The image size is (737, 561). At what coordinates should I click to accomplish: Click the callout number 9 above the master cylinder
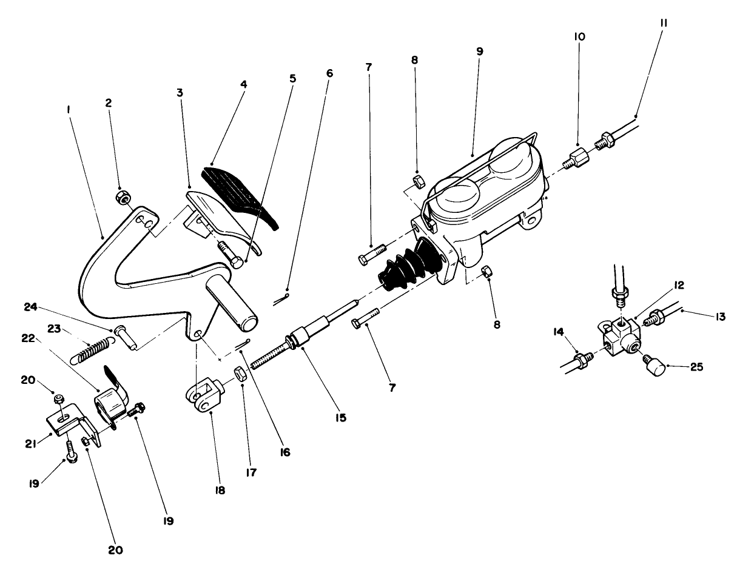[x=479, y=52]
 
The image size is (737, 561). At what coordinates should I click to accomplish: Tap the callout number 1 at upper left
[x=70, y=110]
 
